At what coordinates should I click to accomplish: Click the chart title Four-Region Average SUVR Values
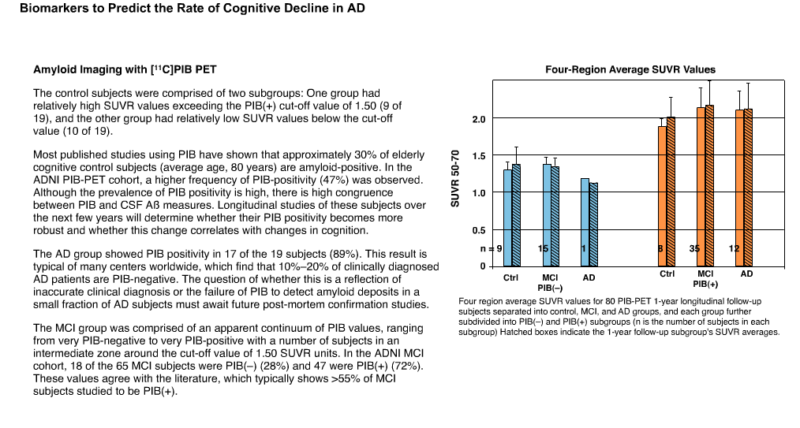tap(630, 70)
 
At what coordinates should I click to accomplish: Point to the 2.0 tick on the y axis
tap(479, 120)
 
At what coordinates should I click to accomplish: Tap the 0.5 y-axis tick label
tap(479, 231)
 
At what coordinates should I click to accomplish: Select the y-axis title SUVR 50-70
tap(455, 178)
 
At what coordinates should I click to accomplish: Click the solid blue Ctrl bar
tap(507, 218)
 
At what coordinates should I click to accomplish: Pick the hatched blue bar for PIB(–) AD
tap(593, 225)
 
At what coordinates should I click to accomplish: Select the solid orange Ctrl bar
tap(662, 196)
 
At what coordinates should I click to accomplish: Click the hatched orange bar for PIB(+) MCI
tap(710, 186)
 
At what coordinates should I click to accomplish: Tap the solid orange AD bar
tap(740, 188)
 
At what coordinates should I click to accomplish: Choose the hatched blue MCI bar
tap(555, 217)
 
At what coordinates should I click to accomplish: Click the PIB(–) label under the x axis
tap(550, 288)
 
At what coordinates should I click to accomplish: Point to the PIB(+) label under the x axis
tap(705, 285)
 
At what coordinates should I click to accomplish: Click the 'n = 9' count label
tap(492, 248)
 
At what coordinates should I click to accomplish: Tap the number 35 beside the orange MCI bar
tap(694, 248)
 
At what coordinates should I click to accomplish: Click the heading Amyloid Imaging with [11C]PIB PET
tap(125, 69)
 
